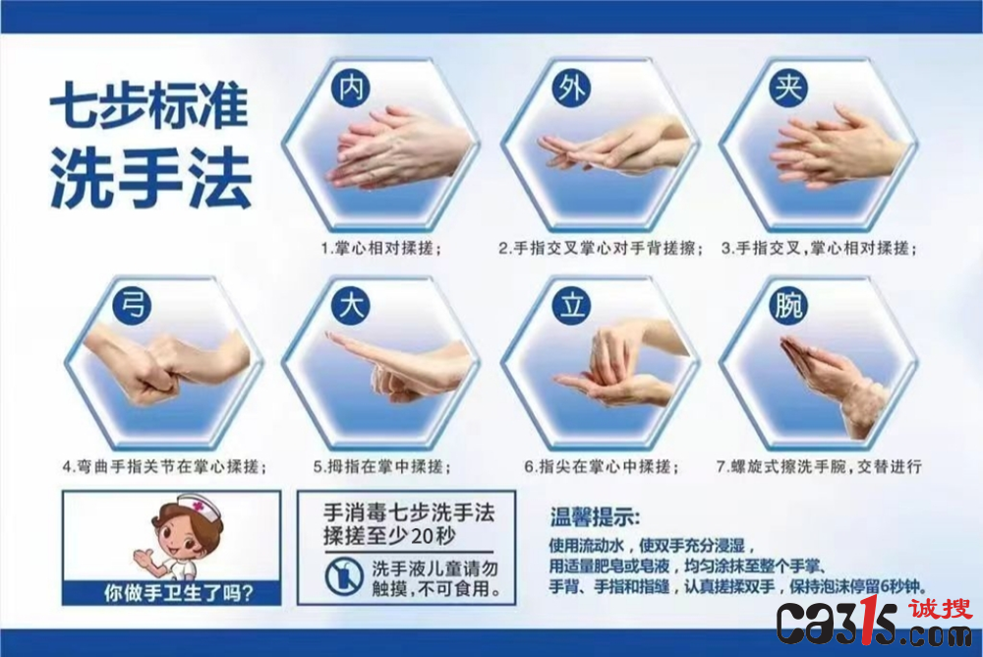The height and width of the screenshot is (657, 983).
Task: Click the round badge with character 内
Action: coord(351,88)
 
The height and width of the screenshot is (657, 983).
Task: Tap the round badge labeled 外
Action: coord(571,88)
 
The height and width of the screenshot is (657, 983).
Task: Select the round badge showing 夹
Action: coord(788,88)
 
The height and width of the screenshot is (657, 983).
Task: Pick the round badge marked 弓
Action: coord(132,305)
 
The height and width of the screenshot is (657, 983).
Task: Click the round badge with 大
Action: coord(351,305)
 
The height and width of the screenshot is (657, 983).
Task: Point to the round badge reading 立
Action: coord(571,305)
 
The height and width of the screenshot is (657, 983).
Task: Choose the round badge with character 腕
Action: coord(788,305)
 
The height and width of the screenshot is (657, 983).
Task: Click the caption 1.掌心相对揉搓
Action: coord(381,249)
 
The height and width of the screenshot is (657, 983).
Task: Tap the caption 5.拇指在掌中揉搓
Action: coord(381,467)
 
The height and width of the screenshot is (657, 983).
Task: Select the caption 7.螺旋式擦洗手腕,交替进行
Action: coord(819,467)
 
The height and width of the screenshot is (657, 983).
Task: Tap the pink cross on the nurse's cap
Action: coord(199,506)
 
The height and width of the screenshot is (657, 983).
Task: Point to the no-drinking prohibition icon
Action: coord(344,576)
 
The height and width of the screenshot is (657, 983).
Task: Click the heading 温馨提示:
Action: coord(595,517)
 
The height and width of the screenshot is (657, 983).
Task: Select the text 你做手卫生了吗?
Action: coord(178,593)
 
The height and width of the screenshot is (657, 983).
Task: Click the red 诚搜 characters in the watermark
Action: coord(941,609)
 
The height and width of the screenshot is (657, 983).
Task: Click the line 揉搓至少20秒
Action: coord(389,536)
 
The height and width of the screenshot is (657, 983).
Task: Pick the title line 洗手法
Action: coord(150,178)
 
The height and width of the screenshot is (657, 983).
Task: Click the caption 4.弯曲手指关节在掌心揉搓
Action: coord(164,467)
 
